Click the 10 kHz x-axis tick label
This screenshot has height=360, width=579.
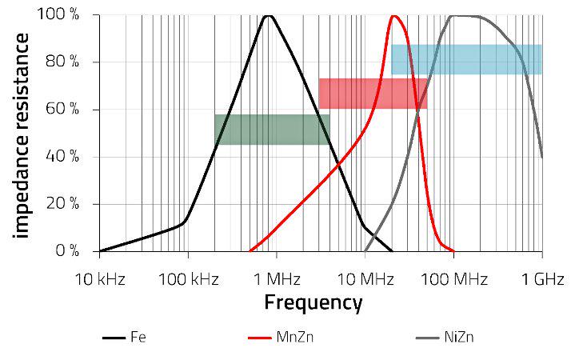(100, 279)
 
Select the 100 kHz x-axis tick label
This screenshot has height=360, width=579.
(189, 279)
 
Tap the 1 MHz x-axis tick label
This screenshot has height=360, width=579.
(277, 279)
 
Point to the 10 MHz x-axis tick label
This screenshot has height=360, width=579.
(365, 279)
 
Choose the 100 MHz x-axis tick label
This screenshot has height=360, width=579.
(453, 279)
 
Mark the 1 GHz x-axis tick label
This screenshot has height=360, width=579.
(543, 279)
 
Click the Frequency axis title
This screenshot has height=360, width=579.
(313, 303)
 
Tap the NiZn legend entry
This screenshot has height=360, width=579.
(459, 337)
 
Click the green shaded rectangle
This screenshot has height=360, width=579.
(272, 130)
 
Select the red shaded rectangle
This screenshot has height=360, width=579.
(373, 94)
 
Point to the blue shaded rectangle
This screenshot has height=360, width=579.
(466, 59)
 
